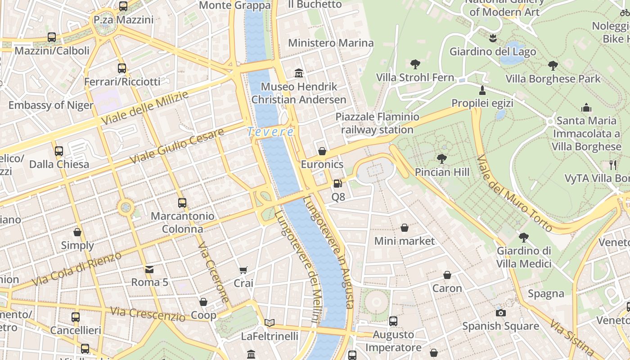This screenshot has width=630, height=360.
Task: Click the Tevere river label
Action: tap(270, 132)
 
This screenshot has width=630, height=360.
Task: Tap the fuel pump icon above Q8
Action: tap(337, 184)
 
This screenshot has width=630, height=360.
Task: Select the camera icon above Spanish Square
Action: tap(500, 313)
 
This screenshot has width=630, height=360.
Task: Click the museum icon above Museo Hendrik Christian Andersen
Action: tap(298, 73)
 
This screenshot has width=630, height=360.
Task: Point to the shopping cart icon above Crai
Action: tap(243, 270)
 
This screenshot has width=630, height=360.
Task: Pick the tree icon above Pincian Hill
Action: tap(441, 158)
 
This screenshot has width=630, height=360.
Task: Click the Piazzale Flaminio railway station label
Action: tap(377, 123)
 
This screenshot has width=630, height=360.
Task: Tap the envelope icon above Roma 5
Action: tap(149, 269)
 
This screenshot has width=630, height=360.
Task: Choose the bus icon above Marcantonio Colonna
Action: tap(182, 202)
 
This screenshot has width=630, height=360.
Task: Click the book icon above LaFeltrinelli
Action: tap(269, 323)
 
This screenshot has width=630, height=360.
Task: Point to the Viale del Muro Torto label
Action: tap(514, 194)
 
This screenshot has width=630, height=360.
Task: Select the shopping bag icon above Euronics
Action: tap(322, 151)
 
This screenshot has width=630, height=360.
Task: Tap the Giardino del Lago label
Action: tap(493, 51)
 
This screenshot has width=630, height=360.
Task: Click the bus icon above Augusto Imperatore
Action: tap(393, 321)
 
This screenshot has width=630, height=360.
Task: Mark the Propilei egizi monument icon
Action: tap(482, 90)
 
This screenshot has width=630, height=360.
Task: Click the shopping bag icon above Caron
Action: tap(447, 274)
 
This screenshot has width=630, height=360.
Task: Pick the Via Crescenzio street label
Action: tap(148, 314)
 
